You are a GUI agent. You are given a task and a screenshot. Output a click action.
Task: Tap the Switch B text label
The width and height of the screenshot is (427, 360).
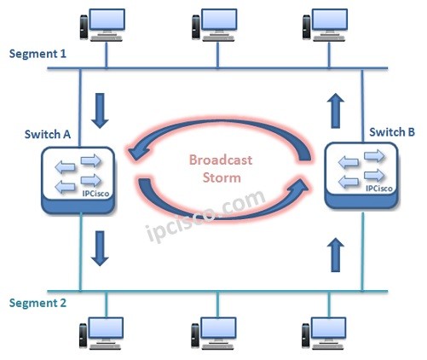coord(392,132)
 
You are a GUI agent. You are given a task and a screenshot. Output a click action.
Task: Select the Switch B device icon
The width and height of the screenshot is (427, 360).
coord(361,176)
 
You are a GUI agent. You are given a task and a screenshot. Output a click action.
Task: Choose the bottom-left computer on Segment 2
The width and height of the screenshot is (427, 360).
coord(104,334)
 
